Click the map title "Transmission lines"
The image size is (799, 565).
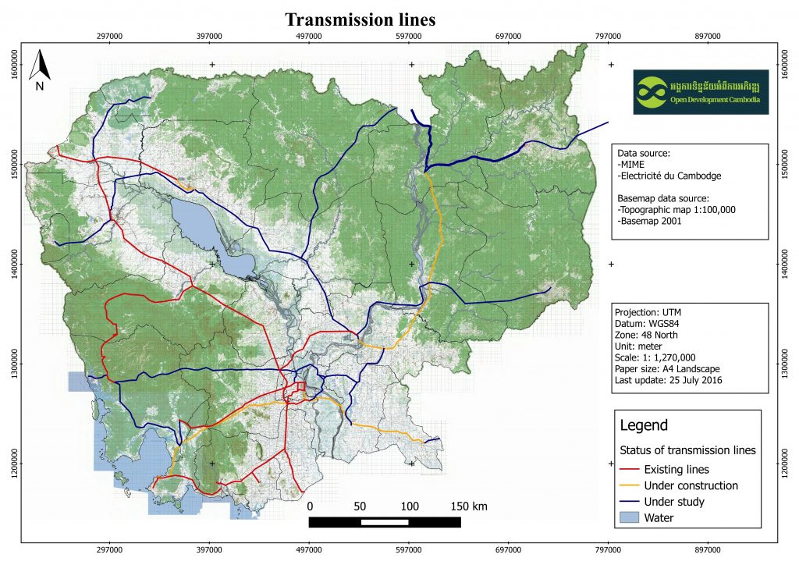(x=360, y=19)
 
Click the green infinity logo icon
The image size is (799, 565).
(x=652, y=92)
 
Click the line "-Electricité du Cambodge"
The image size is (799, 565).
(x=669, y=176)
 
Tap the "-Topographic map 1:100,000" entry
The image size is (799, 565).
(x=676, y=210)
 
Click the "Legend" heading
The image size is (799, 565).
(x=644, y=425)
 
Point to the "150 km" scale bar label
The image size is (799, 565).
(x=470, y=506)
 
